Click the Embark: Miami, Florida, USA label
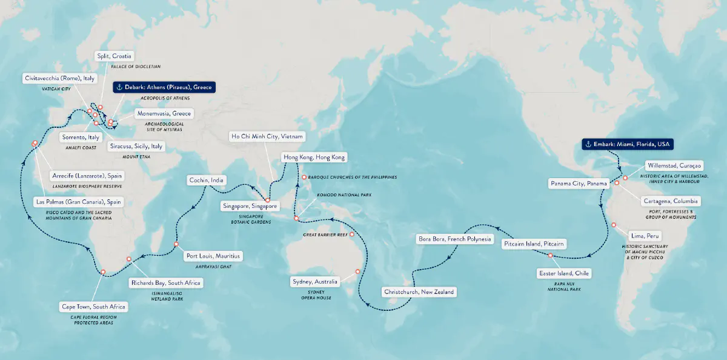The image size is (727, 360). click(x=628, y=144)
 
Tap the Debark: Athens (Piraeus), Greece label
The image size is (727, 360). click(x=163, y=87)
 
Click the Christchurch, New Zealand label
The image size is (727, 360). click(x=419, y=292)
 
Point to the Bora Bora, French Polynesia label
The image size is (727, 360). click(x=455, y=239)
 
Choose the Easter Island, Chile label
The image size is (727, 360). click(x=564, y=274)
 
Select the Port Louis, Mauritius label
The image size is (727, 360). click(x=213, y=256)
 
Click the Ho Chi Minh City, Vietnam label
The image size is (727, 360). click(x=267, y=136)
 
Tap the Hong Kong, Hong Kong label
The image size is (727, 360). click(x=314, y=158)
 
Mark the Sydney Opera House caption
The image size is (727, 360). click(x=315, y=295)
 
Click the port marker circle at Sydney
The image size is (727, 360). click(x=357, y=272)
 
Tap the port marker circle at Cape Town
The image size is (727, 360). click(x=104, y=272)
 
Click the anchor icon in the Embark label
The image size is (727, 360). click(x=587, y=144)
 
